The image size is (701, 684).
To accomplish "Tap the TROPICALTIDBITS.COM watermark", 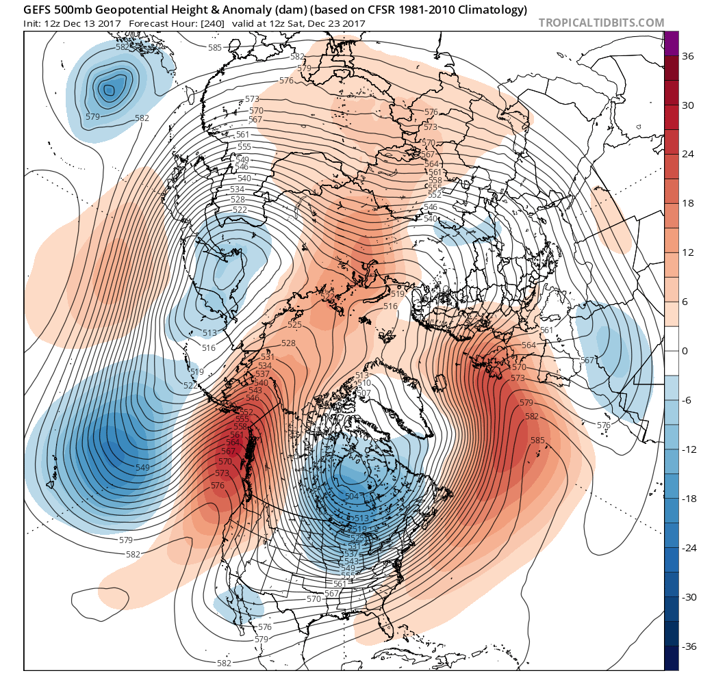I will (601, 23).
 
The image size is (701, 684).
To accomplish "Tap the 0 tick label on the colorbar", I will (685, 351).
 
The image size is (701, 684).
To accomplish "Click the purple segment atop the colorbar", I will (671, 43).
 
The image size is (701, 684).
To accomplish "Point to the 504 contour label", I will (352, 497).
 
